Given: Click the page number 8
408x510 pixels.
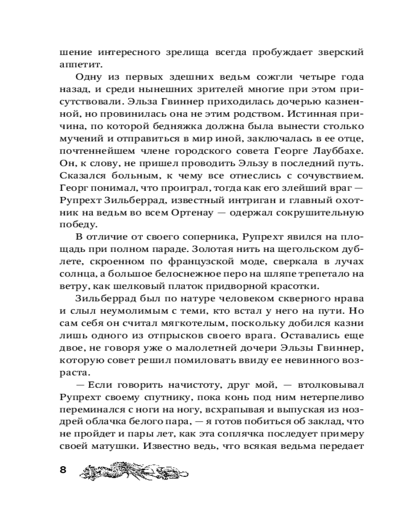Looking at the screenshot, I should pos(63,470).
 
